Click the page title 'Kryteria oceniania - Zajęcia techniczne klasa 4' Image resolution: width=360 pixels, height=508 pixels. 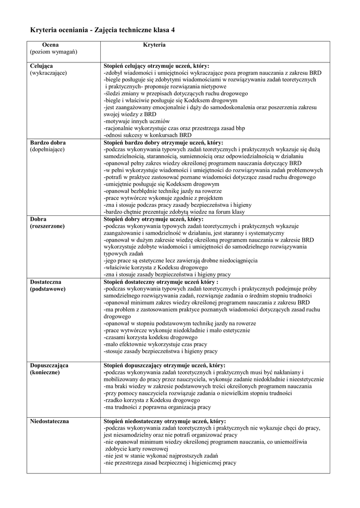(102, 30)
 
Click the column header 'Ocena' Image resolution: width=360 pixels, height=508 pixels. (50, 45)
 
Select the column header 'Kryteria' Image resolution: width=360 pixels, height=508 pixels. (154, 45)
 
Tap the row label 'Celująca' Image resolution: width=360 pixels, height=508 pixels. (42, 65)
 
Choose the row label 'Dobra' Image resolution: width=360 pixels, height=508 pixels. (38, 219)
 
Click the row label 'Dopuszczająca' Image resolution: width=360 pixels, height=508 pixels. (49, 365)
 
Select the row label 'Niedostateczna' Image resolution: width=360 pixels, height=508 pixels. (50, 421)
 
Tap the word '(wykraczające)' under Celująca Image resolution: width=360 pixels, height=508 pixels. (48, 72)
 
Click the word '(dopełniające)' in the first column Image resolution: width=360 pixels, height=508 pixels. (48, 149)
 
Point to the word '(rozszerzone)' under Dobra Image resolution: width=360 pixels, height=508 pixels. (47, 226)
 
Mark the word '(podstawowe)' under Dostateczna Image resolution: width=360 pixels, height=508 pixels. (47, 288)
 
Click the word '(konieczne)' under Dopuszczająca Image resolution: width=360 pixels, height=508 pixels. (45, 372)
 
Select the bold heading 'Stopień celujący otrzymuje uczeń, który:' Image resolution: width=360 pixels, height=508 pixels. (156, 65)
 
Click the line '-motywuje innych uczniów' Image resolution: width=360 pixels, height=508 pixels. (137, 121)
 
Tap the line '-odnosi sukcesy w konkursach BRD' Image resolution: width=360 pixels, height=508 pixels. (148, 135)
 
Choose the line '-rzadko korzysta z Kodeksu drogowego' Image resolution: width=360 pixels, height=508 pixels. (151, 400)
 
